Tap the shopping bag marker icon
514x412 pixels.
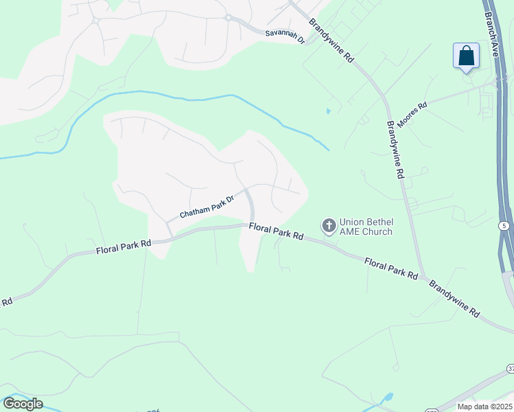click(466, 56)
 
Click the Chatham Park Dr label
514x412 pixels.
click(208, 206)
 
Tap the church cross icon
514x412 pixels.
click(328, 225)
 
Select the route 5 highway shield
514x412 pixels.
click(504, 225)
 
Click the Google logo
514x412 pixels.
click(23, 404)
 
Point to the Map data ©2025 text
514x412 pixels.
click(484, 407)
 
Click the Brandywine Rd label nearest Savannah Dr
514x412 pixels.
click(331, 41)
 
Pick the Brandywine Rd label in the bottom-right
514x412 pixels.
click(454, 297)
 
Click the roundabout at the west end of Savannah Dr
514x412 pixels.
click(227, 17)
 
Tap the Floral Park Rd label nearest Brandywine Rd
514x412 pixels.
click(392, 268)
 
